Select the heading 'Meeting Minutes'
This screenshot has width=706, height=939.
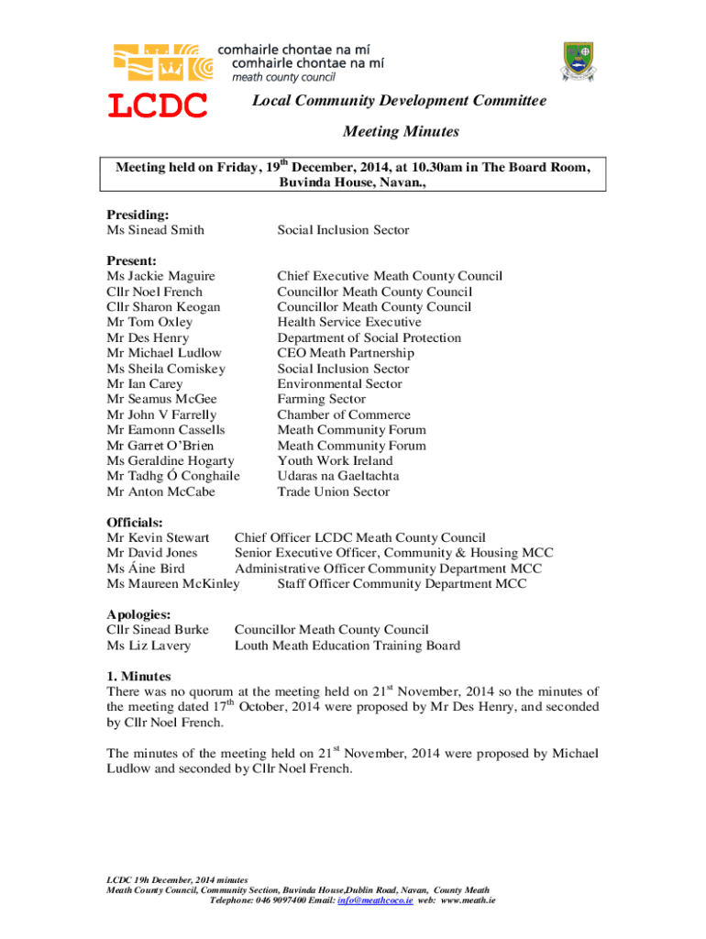pyautogui.click(x=401, y=132)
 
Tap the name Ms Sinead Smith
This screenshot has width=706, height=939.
pyautogui.click(x=155, y=230)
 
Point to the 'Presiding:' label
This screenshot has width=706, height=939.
pyautogui.click(x=138, y=215)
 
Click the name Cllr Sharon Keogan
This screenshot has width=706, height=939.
pyautogui.click(x=163, y=307)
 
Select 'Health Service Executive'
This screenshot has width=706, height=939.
pyautogui.click(x=349, y=323)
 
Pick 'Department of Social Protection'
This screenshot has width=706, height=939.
pyautogui.click(x=369, y=338)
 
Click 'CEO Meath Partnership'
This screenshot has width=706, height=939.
pyautogui.click(x=346, y=353)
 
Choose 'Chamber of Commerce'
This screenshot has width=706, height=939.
pyautogui.click(x=344, y=414)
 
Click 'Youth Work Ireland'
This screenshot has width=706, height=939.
pyautogui.click(x=335, y=460)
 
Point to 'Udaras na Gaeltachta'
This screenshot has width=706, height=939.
pyautogui.click(x=337, y=476)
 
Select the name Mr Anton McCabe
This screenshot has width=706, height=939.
pyautogui.click(x=160, y=492)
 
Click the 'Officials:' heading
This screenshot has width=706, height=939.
pyautogui.click(x=135, y=523)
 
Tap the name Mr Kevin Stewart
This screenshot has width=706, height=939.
pyautogui.click(x=158, y=537)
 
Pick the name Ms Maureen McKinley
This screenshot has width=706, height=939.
pyautogui.click(x=172, y=584)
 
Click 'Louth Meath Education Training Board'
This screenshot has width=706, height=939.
pyautogui.click(x=347, y=646)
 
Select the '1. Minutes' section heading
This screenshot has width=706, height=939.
pyautogui.click(x=138, y=677)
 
